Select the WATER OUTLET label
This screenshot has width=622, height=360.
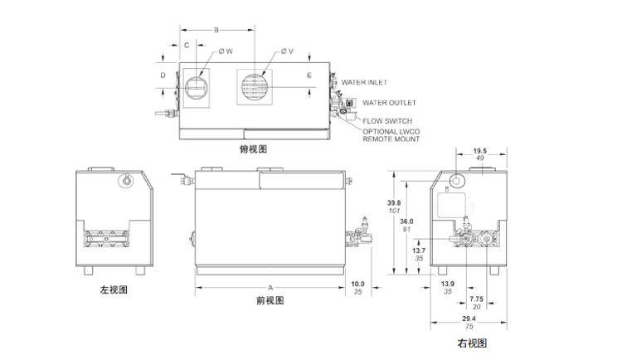click(389, 103)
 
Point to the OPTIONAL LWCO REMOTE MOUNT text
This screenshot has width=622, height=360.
click(391, 135)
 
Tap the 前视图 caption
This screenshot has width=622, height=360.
click(270, 301)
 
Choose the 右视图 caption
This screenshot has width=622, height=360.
click(471, 343)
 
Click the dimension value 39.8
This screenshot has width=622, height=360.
click(393, 202)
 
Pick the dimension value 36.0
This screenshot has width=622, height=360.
click(406, 221)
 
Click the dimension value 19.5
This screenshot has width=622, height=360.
click(479, 151)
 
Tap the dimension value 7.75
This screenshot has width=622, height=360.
click(476, 299)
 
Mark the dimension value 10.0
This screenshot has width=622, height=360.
click(357, 284)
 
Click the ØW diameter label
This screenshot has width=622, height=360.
click(226, 51)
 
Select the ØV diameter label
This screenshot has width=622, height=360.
click(287, 51)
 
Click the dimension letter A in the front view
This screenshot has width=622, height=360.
click(270, 276)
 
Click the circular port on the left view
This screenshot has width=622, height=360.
click(126, 180)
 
